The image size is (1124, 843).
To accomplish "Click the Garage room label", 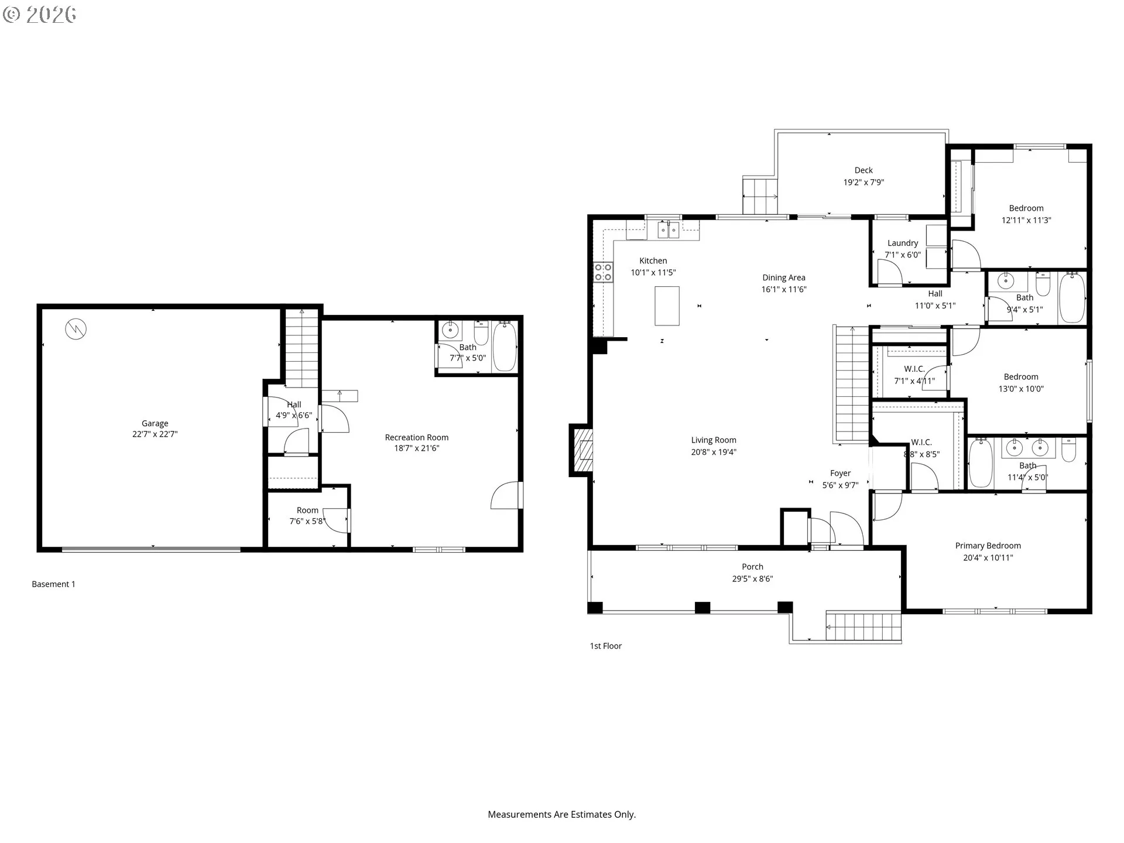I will coord(155,423).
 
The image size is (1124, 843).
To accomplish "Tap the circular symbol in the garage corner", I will coord(76,329).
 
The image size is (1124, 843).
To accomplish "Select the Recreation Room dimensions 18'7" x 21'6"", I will coord(416,448).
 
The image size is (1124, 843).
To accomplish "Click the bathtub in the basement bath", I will coord(505,346).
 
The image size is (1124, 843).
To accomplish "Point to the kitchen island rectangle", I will coord(667,306).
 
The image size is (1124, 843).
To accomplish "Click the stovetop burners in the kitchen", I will coord(603,272).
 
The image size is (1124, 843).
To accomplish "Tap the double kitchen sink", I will coord(669,230).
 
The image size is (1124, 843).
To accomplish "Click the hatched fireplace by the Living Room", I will coord(582,450).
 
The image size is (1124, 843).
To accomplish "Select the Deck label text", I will coord(863,170).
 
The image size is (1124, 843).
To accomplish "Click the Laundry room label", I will coord(902,243).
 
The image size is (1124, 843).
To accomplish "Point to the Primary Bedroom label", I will coord(988,546).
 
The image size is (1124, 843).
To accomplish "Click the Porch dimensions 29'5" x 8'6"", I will coord(752,579).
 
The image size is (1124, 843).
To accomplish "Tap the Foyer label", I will coord(840,473).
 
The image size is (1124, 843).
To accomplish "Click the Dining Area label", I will coord(783,277).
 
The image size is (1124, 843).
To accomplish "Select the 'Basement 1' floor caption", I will coord(53,584).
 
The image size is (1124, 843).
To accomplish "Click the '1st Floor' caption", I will coord(605,646).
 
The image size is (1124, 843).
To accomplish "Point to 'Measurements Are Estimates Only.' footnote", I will coord(561,814).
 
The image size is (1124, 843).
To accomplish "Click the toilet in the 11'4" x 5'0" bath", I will coord(1068,450).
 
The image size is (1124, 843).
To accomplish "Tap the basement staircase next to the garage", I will coord(301,349).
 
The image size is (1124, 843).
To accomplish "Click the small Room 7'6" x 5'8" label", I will coord(307,510).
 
